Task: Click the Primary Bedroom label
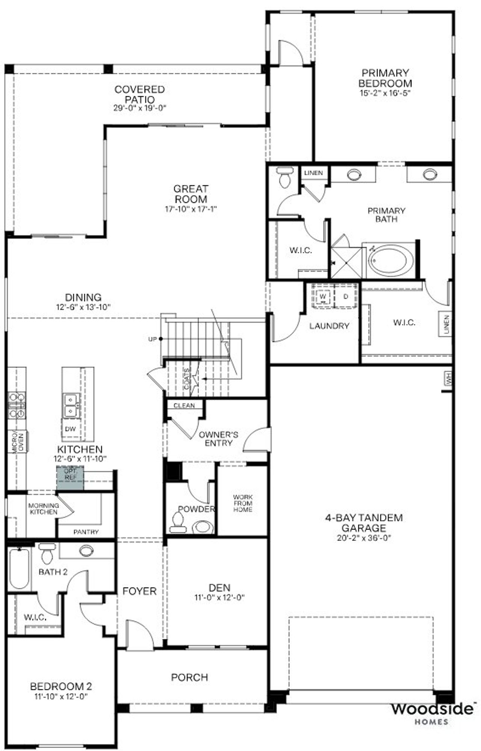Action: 385,78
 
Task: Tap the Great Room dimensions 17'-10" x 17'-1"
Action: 191,209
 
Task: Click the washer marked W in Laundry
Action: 323,297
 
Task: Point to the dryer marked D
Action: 346,297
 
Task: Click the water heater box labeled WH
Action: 447,379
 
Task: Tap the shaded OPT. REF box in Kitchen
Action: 70,478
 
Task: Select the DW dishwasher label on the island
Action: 70,429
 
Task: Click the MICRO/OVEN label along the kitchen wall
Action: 18,442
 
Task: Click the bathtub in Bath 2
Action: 19,568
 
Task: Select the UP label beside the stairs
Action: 152,339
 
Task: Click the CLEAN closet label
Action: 184,406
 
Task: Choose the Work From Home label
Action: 243,503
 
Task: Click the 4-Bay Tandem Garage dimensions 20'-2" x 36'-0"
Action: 364,538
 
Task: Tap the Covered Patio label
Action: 139,94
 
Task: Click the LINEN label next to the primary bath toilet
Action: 313,173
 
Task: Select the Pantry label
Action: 86,532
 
